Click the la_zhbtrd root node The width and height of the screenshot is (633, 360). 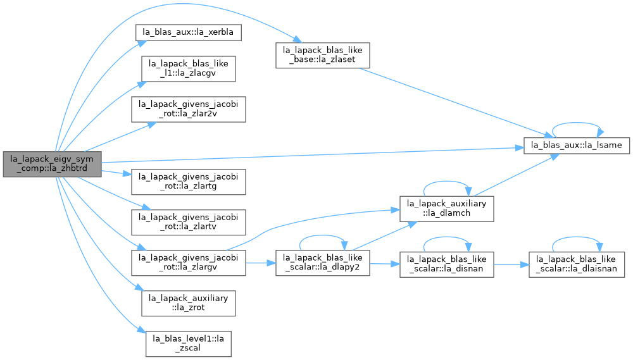pos(52,164)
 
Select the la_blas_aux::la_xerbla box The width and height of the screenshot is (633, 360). pos(188,32)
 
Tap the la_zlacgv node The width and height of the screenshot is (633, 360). pos(188,68)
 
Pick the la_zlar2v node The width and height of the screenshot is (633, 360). pos(188,109)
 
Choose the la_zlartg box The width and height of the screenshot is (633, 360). pos(188,182)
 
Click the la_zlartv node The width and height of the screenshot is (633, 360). pos(188,222)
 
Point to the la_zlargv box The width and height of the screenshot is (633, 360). pos(188,263)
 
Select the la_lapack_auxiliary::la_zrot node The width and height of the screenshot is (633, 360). pos(188,303)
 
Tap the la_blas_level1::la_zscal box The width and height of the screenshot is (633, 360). pos(188,344)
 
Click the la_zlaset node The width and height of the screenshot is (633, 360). pos(323,55)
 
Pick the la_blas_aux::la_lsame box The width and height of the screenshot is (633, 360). pos(577,146)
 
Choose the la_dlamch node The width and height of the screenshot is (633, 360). pos(446,208)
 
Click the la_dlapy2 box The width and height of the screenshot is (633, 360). pos(323,263)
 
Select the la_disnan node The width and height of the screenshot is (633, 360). pos(446,264)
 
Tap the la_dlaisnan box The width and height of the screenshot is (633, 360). pos(577,264)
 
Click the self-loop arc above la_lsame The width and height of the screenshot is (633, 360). pos(577,123)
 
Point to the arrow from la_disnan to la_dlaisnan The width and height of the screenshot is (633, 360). pos(511,264)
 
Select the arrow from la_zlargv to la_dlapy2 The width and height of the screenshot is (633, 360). pos(260,263)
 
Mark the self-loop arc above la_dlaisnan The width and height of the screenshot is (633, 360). pos(577,237)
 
